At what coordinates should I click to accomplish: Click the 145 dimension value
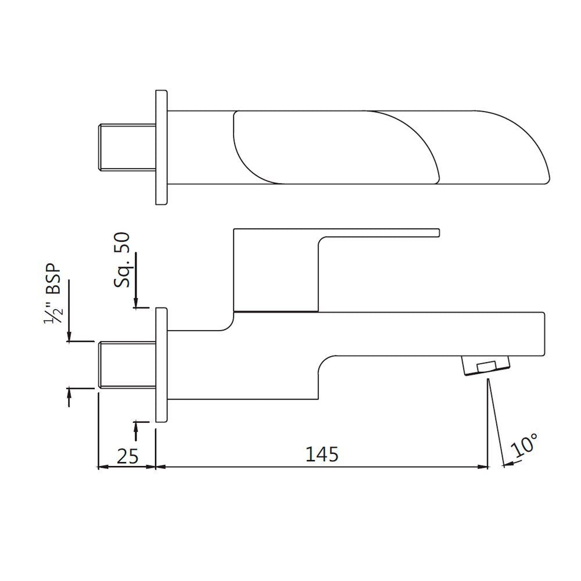322,454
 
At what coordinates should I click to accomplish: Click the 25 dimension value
127,456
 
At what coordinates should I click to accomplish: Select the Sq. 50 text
123,260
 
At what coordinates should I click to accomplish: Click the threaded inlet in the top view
125,147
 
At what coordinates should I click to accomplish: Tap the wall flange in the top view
162,147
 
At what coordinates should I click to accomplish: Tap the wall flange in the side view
162,365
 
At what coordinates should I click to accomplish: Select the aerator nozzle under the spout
486,367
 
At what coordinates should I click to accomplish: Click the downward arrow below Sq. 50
136,302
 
